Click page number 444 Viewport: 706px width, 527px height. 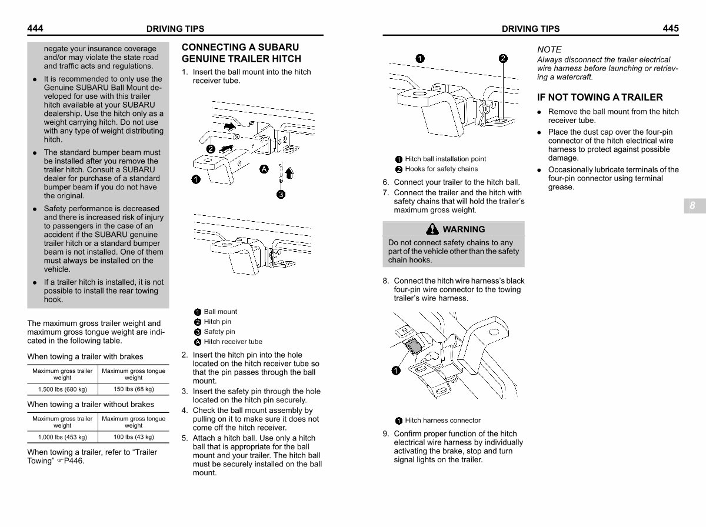[x=35, y=28]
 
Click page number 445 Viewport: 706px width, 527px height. [x=670, y=28]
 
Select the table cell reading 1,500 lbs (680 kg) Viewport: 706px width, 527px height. [x=62, y=389]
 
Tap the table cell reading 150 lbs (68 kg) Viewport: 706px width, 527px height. [x=134, y=389]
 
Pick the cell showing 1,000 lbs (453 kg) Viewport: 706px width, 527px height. [x=62, y=437]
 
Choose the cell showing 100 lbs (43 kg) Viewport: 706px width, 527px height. [x=134, y=437]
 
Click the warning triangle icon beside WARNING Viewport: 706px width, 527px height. [x=434, y=229]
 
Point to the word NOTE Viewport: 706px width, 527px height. [x=550, y=49]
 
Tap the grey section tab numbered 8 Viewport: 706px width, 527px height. [x=692, y=206]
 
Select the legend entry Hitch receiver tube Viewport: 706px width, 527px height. [x=232, y=342]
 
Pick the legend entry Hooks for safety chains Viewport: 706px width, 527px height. [x=441, y=169]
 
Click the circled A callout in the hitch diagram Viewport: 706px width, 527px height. [x=264, y=169]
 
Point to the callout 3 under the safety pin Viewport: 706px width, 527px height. [x=281, y=195]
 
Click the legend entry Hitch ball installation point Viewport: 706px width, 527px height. [x=445, y=159]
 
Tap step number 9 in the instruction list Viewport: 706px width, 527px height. [x=386, y=434]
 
